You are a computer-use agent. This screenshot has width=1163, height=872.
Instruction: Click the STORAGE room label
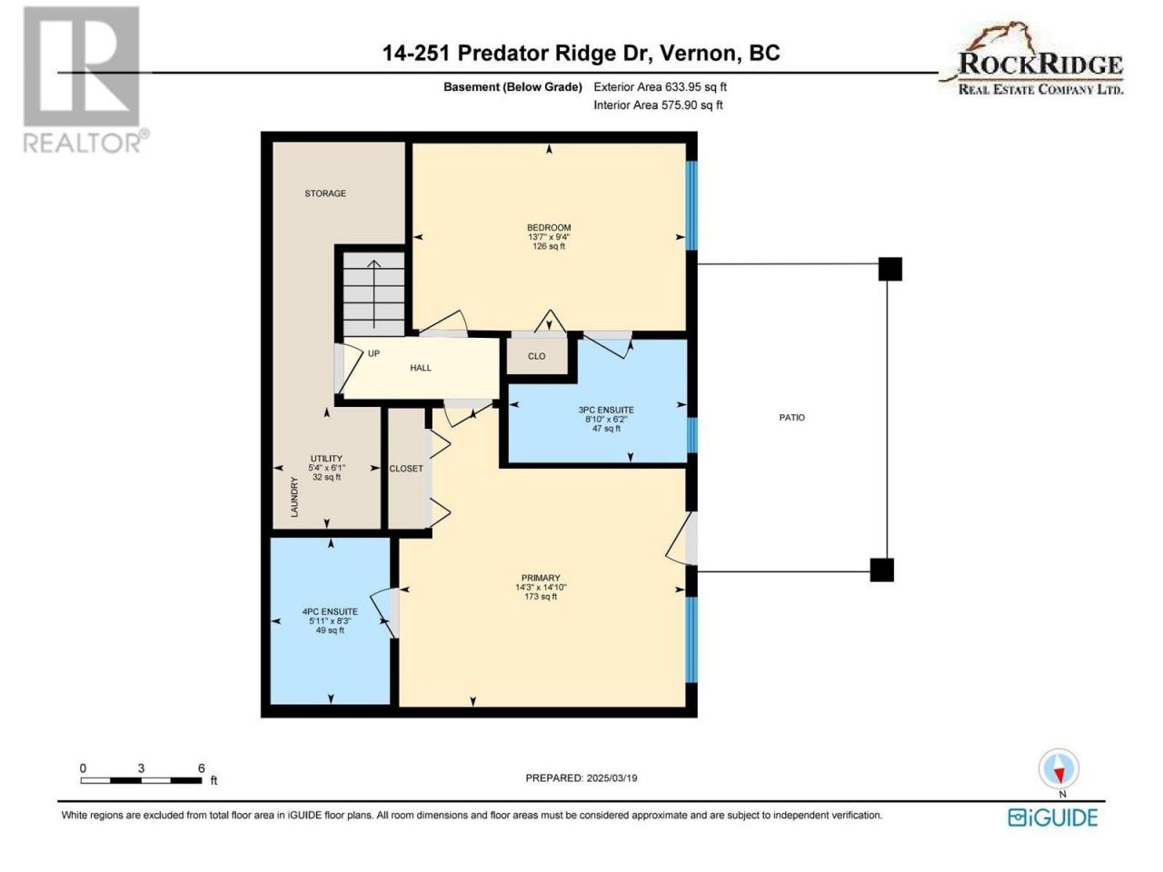coord(324,193)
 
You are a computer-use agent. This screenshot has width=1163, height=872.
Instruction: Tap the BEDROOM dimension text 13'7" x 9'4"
coord(549,237)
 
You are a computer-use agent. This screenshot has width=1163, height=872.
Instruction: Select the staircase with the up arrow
coord(373,293)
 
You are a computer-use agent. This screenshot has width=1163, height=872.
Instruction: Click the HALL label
coord(420,368)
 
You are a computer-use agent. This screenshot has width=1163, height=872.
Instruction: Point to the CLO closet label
coord(536,356)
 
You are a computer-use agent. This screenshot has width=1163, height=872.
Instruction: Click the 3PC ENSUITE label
coord(606,410)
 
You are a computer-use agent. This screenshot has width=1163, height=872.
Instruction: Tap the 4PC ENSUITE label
coord(330,611)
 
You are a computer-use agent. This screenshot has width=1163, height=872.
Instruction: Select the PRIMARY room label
coord(541,579)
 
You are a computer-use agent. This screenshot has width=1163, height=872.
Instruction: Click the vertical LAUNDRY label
coord(294,497)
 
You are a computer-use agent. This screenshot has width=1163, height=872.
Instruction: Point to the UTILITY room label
coord(326,459)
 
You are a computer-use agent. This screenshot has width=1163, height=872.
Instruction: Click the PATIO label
coord(791,418)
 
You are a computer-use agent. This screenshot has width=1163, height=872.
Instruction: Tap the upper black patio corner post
coord(890,269)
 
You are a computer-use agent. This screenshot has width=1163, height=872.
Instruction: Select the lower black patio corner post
coord(881,570)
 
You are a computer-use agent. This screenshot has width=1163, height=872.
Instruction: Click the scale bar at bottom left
coord(142,780)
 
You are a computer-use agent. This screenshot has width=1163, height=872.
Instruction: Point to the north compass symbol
coord(1059,768)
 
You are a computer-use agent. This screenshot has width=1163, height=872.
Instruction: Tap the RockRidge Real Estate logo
coord(1032,59)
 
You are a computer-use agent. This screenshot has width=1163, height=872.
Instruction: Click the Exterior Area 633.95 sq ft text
coord(661,87)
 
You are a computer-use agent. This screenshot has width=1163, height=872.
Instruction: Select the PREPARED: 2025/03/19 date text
coord(581,778)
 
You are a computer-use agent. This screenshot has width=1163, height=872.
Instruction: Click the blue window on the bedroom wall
coord(691,205)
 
